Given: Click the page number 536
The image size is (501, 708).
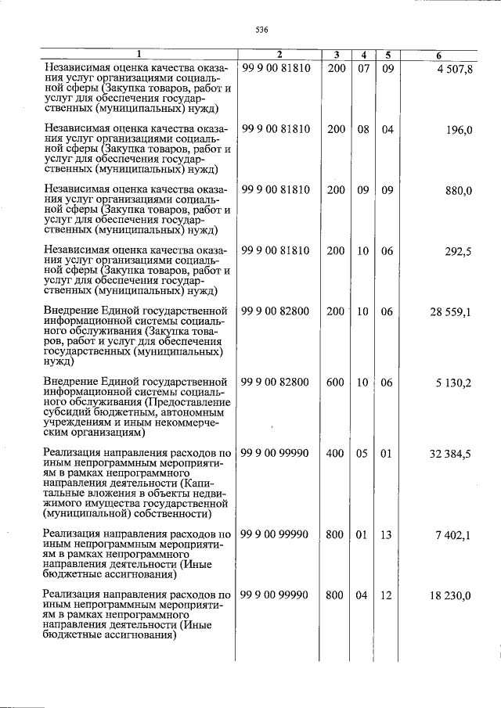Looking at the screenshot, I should (x=261, y=30).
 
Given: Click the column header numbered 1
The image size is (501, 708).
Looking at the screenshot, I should (x=139, y=55).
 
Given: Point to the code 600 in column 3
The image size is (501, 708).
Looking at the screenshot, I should (x=335, y=383).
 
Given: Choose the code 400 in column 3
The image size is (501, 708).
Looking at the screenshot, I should (x=335, y=454).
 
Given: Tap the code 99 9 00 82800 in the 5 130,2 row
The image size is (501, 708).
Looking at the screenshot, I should (x=276, y=383).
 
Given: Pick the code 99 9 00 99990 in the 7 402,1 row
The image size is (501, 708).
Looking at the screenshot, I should (x=276, y=535).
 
